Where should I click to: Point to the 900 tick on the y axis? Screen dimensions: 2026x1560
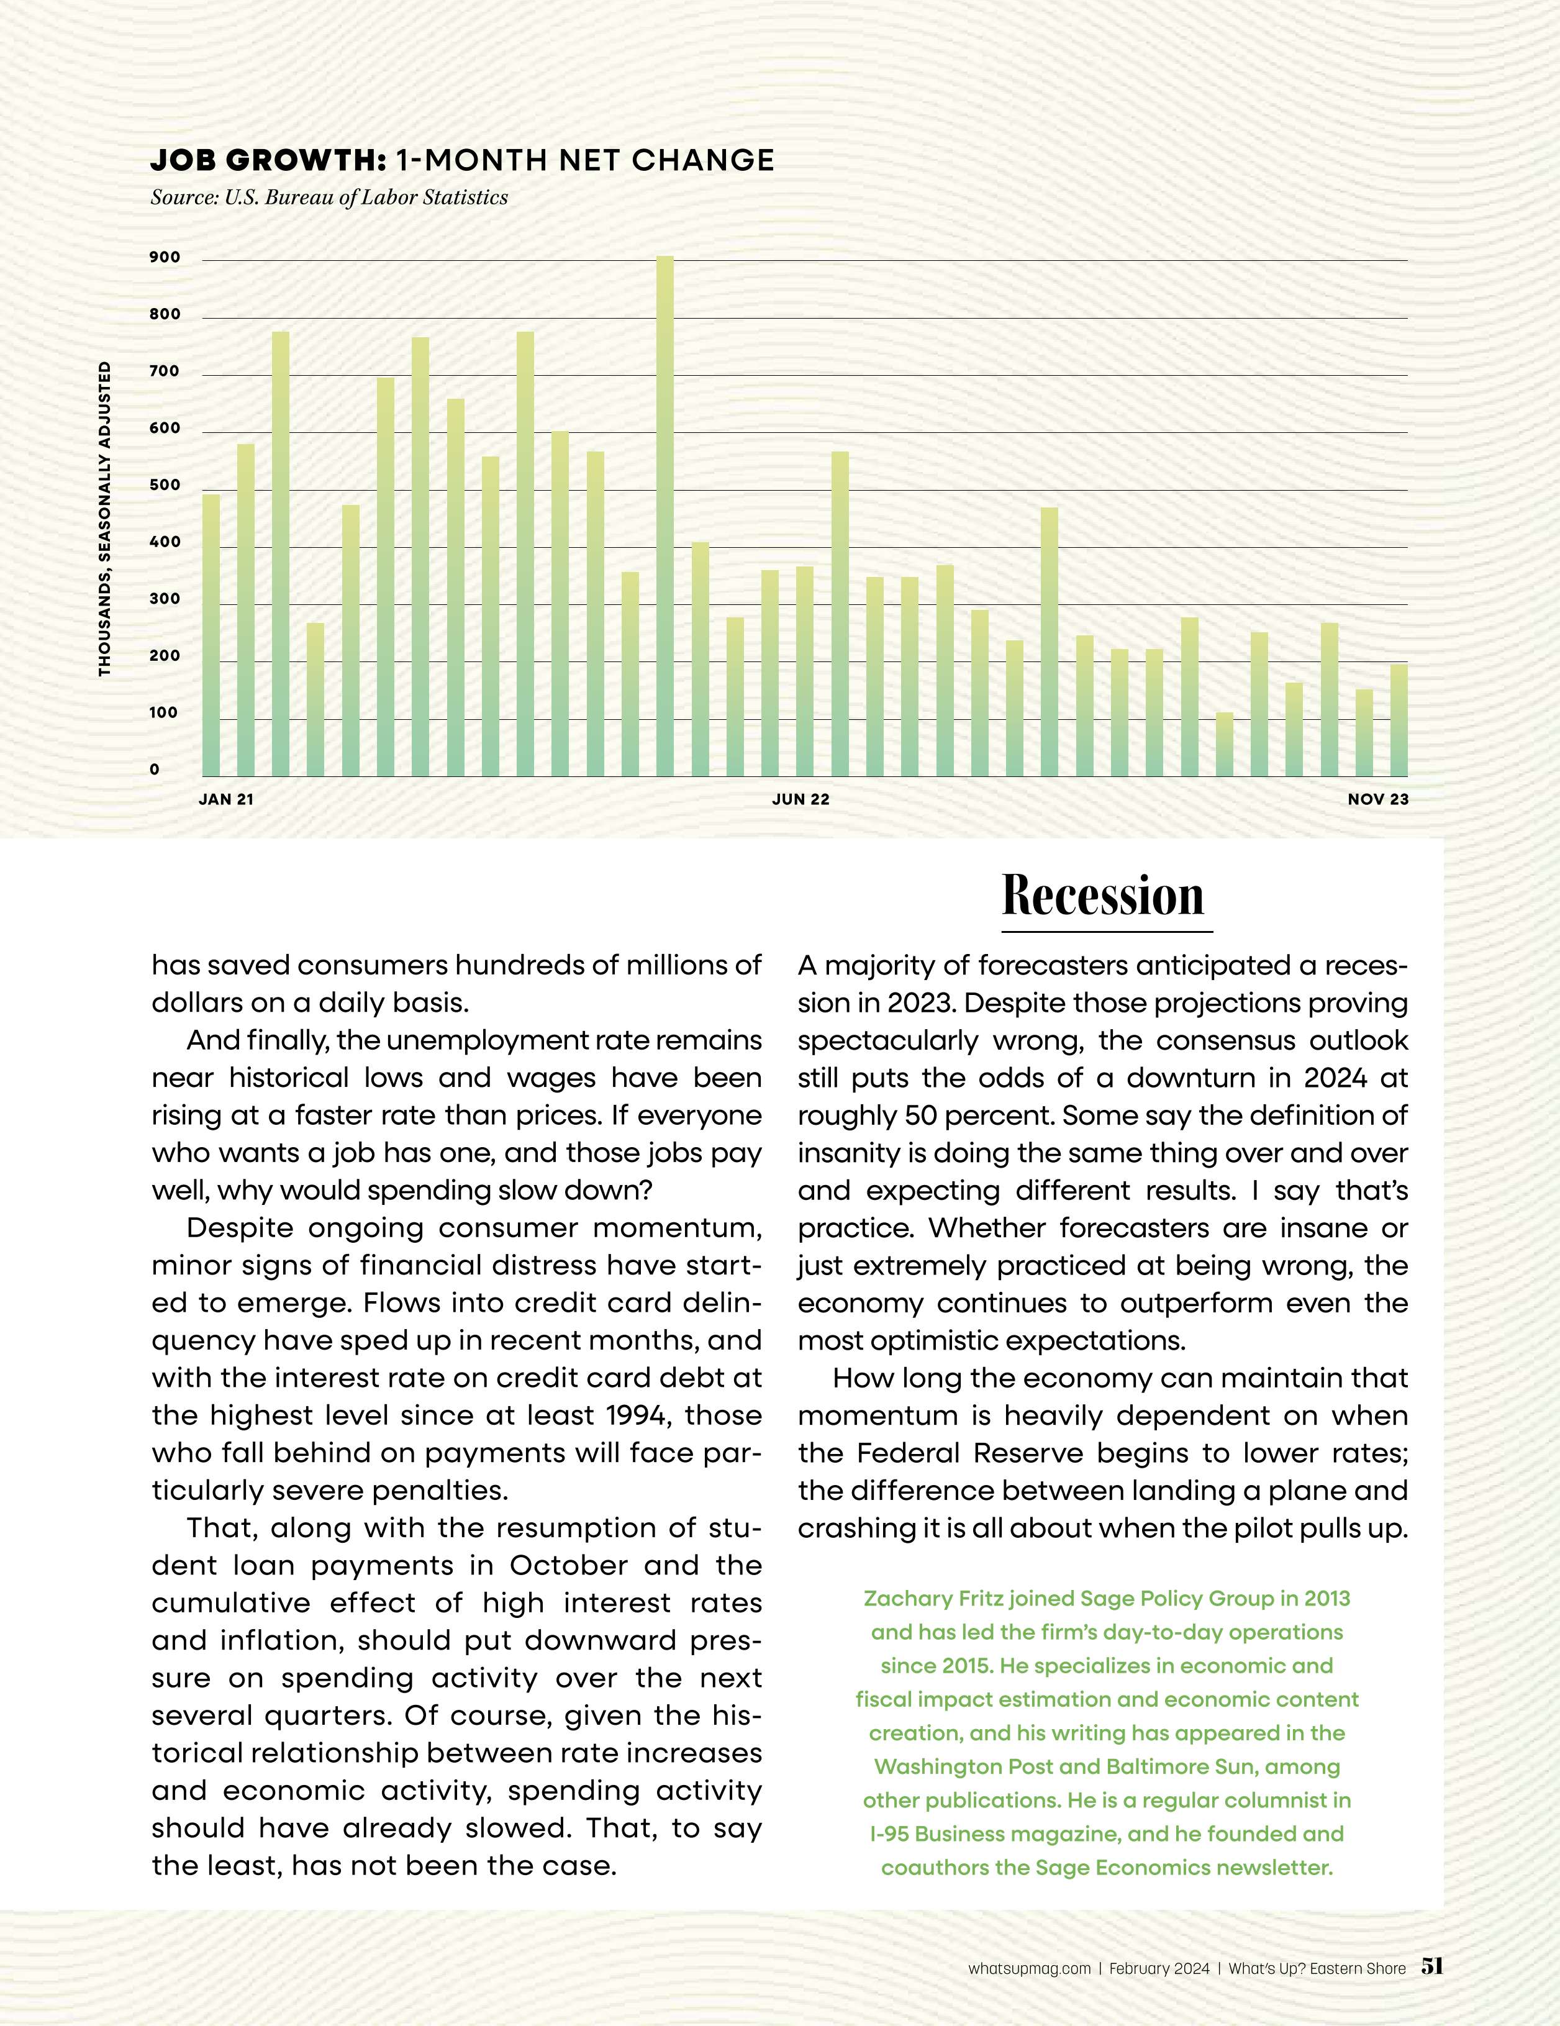tap(165, 258)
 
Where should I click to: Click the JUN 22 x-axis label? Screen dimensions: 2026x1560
tap(800, 799)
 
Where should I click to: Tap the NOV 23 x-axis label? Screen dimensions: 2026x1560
tap(1377, 799)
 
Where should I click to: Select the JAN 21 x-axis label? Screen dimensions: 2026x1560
tap(225, 799)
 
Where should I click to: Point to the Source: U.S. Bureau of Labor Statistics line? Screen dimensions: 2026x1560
tap(329, 198)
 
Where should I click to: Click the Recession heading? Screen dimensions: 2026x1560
tap(1103, 896)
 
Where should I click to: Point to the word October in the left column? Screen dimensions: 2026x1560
tap(570, 1566)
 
